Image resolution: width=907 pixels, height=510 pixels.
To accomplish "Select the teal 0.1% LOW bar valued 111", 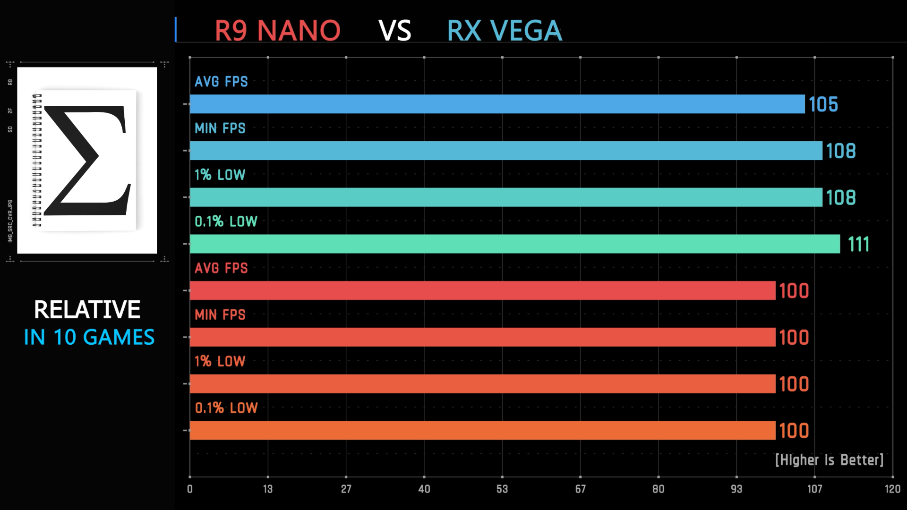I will (x=515, y=244).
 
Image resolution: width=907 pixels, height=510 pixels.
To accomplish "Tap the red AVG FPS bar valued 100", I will (x=482, y=290).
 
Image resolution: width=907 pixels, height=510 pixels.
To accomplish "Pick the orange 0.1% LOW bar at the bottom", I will (x=482, y=430).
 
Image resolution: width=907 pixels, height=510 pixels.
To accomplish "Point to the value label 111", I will (x=858, y=244).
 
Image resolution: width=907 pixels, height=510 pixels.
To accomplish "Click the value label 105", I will (x=823, y=104).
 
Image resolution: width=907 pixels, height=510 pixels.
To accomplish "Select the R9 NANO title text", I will (x=277, y=31).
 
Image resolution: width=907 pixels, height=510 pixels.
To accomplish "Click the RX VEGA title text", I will (x=504, y=31).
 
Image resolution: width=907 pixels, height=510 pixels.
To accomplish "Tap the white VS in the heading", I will (x=395, y=31).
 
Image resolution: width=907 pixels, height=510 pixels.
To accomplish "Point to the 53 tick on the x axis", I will (x=502, y=489).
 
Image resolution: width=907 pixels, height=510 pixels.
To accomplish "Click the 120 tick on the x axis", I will (x=892, y=489).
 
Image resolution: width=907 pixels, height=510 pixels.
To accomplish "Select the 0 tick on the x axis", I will (x=190, y=489).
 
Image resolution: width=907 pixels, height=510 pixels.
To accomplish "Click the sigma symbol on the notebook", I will (x=87, y=161).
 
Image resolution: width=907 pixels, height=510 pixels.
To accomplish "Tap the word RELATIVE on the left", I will (x=87, y=310).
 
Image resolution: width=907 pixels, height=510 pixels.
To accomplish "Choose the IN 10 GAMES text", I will (x=89, y=337).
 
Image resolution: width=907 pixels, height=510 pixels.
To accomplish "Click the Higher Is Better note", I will (x=829, y=460).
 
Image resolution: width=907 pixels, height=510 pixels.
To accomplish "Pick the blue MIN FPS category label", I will (x=220, y=128).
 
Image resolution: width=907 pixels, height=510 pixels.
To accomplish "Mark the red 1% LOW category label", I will (x=220, y=361).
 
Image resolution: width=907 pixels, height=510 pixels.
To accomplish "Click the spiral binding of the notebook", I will (x=37, y=161).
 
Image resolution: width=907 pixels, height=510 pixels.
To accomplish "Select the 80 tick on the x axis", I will (x=658, y=489).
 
